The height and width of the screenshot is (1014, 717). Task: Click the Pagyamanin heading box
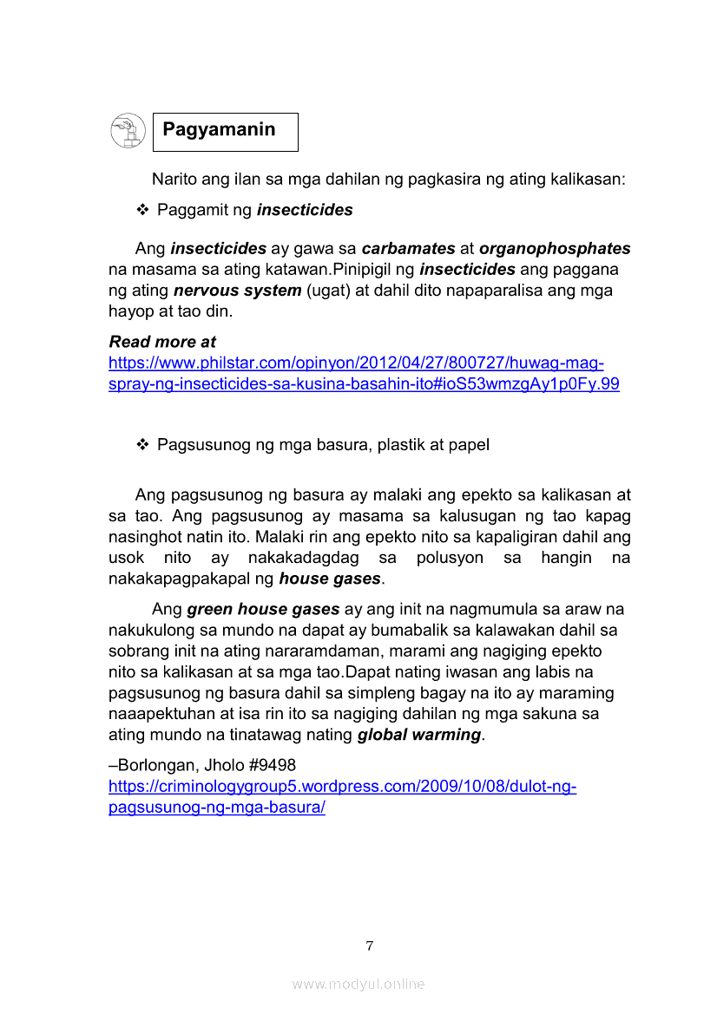pos(225,131)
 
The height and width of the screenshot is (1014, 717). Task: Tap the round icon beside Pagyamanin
pos(128,131)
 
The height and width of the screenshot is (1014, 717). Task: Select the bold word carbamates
pos(408,249)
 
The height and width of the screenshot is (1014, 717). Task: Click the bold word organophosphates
pos(555,249)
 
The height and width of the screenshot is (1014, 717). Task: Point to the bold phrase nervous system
pos(237,291)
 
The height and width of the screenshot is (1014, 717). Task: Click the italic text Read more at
pos(162,342)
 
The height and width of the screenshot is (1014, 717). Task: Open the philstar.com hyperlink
pos(356,363)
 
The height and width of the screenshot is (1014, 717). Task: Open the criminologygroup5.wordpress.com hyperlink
pos(342,787)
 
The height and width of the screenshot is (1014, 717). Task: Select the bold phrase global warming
pos(418,735)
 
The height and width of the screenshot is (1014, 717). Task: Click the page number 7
pos(370,945)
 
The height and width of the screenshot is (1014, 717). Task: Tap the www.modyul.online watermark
pos(358,984)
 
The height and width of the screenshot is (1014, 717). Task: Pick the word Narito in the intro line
pos(174,180)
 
